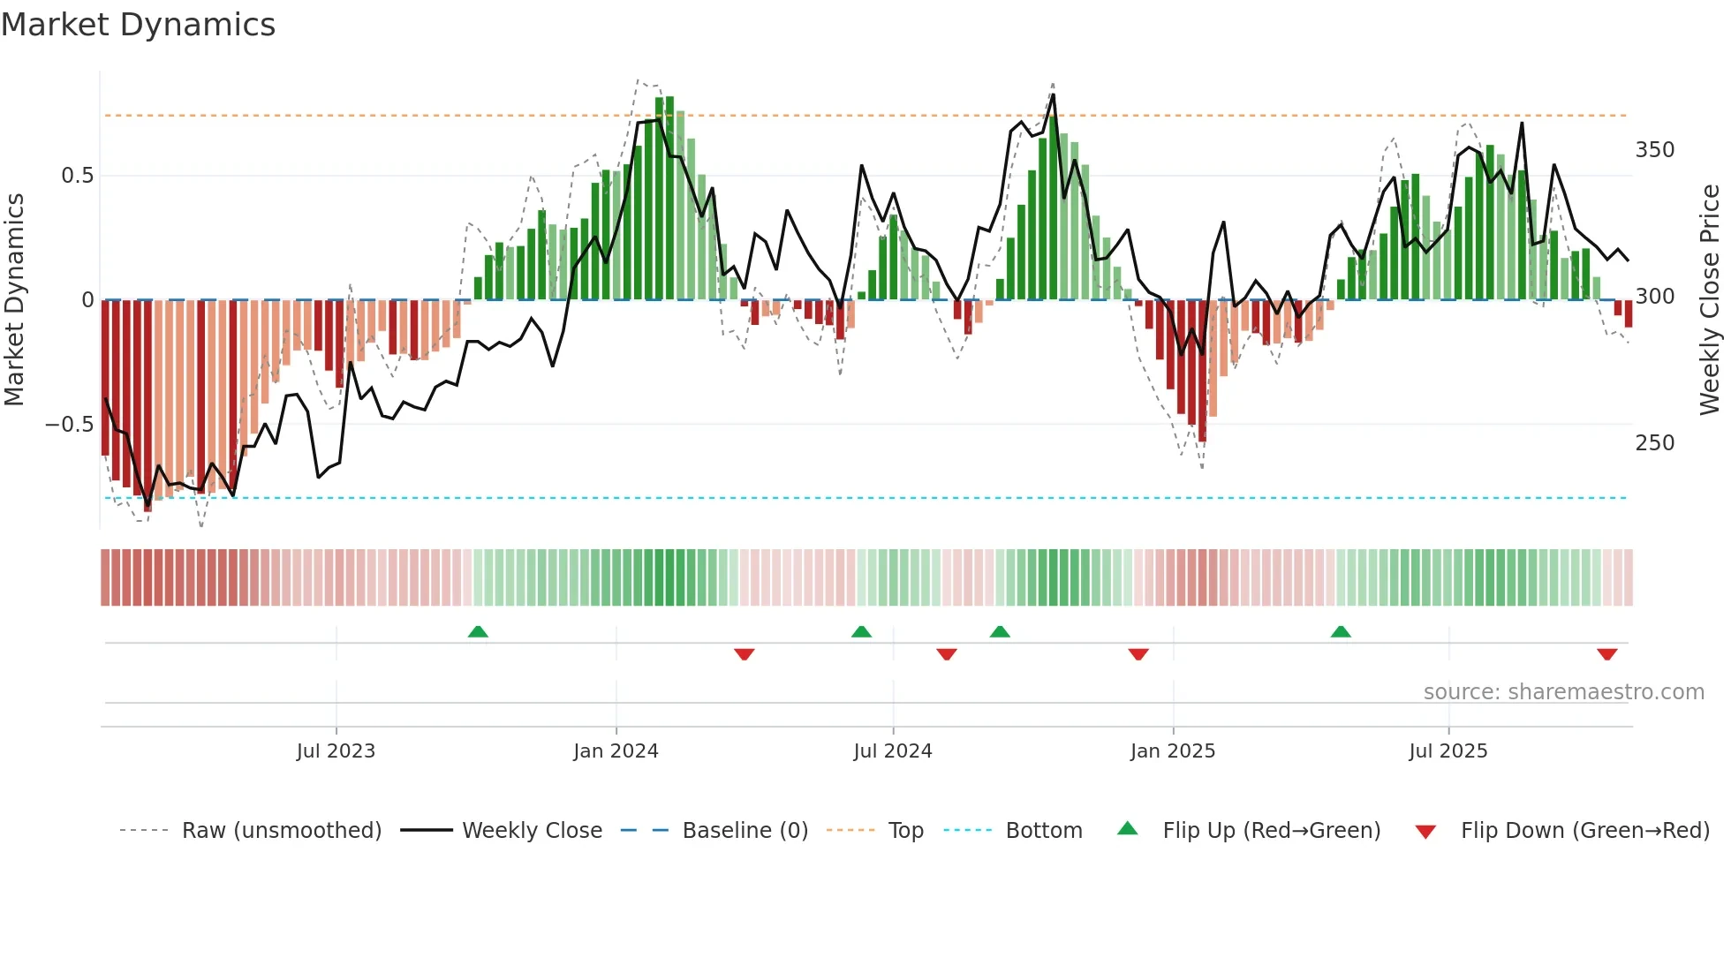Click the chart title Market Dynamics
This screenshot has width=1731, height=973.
pyautogui.click(x=138, y=25)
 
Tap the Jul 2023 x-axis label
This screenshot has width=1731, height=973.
pyautogui.click(x=336, y=751)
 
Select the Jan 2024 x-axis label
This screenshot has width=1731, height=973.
pyautogui.click(x=616, y=751)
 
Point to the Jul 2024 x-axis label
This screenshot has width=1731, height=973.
pyautogui.click(x=893, y=751)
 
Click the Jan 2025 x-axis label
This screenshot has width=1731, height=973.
pyautogui.click(x=1173, y=751)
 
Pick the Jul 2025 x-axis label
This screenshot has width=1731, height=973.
pyautogui.click(x=1448, y=751)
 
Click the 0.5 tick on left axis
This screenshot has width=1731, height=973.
pyautogui.click(x=78, y=176)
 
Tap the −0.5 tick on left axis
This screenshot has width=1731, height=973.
pyautogui.click(x=69, y=425)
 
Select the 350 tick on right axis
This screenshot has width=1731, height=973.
pyautogui.click(x=1655, y=150)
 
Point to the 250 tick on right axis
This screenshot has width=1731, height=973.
pyautogui.click(x=1655, y=443)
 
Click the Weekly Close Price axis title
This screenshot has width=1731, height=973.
pyautogui.click(x=1711, y=300)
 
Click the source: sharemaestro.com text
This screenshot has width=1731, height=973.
pyautogui.click(x=1563, y=692)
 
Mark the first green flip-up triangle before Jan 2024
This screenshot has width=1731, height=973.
pyautogui.click(x=478, y=631)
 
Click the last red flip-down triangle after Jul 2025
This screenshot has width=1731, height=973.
pyautogui.click(x=1606, y=654)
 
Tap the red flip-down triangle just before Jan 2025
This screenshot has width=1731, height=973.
pyautogui.click(x=1138, y=654)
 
